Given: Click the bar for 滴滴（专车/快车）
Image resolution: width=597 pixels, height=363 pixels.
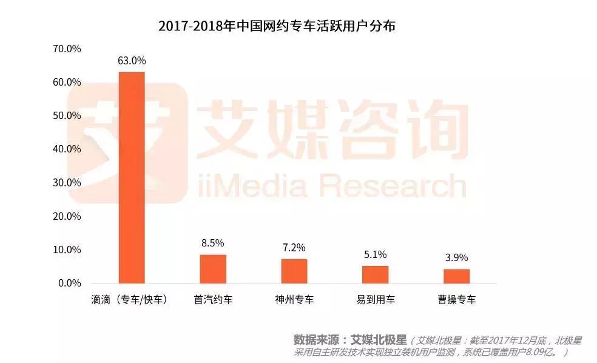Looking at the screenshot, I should coord(132,177).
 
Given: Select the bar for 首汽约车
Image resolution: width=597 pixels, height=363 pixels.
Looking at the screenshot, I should coord(213,269).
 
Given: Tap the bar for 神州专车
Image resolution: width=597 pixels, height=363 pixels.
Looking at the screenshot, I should coord(294,271).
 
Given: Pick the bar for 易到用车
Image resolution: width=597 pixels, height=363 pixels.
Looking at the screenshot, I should coord(376,274).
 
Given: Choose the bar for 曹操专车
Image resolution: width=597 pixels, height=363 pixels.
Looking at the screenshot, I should coord(456,276).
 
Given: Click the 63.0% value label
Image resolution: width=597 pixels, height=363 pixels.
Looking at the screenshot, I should coord(132,61).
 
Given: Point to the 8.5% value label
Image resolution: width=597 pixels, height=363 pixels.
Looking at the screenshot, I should coord(213,243).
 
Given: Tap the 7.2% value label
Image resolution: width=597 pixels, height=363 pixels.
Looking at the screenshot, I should coord(294,248).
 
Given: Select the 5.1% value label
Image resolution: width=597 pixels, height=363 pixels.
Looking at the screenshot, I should coord(376,254).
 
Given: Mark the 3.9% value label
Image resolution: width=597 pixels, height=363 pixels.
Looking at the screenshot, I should coord(456,258).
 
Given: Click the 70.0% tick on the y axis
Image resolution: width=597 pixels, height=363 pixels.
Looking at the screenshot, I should coord(67,49).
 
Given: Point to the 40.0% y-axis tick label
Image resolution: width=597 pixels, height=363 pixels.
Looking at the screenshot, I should coord(67,149).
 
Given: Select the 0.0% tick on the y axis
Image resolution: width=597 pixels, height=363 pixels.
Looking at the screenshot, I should coord(70,283).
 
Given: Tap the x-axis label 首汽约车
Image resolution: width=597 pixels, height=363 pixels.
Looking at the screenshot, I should coord(213,300).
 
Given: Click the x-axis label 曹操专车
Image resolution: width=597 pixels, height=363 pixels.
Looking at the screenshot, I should coord(456,300).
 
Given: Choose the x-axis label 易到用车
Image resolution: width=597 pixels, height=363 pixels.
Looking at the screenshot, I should coord(376,300).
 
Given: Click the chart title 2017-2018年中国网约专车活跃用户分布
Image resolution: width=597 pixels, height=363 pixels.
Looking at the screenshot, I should coord(276,26).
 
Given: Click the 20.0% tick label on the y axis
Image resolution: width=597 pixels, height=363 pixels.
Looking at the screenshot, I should coord(67,216).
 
